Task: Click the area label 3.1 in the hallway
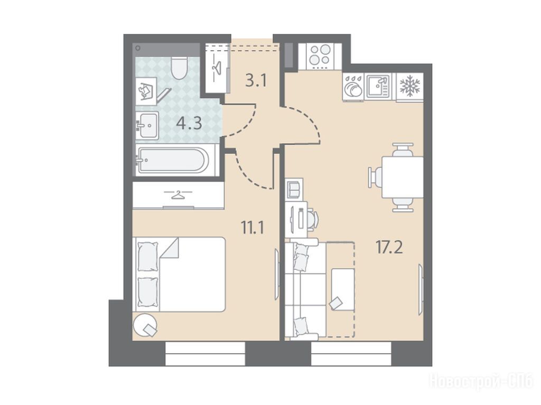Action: click(256, 81)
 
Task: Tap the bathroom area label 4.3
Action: click(189, 123)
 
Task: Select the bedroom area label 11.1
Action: click(253, 228)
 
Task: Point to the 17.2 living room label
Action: click(389, 247)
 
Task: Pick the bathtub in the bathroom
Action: click(173, 160)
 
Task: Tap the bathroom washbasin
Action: click(147, 125)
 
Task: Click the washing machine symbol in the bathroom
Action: click(146, 91)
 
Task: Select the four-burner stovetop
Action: click(320, 55)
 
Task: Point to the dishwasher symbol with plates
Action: click(353, 87)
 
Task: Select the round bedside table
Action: click(145, 325)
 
